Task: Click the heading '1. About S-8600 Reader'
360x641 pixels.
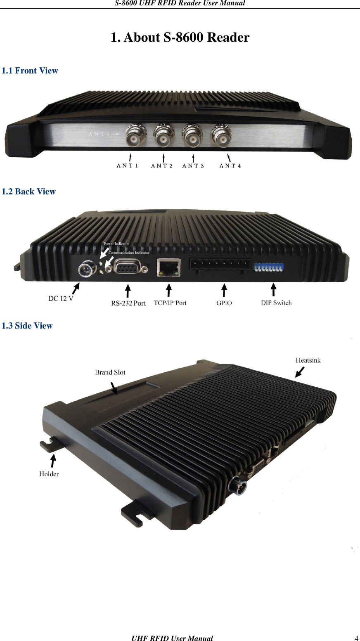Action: [x=180, y=38]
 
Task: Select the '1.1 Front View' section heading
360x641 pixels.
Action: [x=30, y=71]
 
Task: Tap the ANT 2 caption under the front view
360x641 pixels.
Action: [x=161, y=166]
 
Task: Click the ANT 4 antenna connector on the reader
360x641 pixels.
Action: [x=221, y=137]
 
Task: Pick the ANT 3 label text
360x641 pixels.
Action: [x=193, y=166]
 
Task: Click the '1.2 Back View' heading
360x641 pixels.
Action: [x=28, y=192]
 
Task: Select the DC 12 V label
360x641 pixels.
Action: [x=61, y=298]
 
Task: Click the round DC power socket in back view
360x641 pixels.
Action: [x=87, y=271]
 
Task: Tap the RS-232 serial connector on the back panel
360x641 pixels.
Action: [x=128, y=269]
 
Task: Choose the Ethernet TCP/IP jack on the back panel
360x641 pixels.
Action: [x=168, y=267]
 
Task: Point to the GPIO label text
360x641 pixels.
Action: [x=224, y=303]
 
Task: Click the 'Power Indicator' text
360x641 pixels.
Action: [x=116, y=244]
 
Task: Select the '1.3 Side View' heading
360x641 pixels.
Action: [x=27, y=326]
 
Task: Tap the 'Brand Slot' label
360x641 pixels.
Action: [x=110, y=372]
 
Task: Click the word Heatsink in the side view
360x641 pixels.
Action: [x=308, y=360]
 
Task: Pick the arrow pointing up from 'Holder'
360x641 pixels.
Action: [x=52, y=459]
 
